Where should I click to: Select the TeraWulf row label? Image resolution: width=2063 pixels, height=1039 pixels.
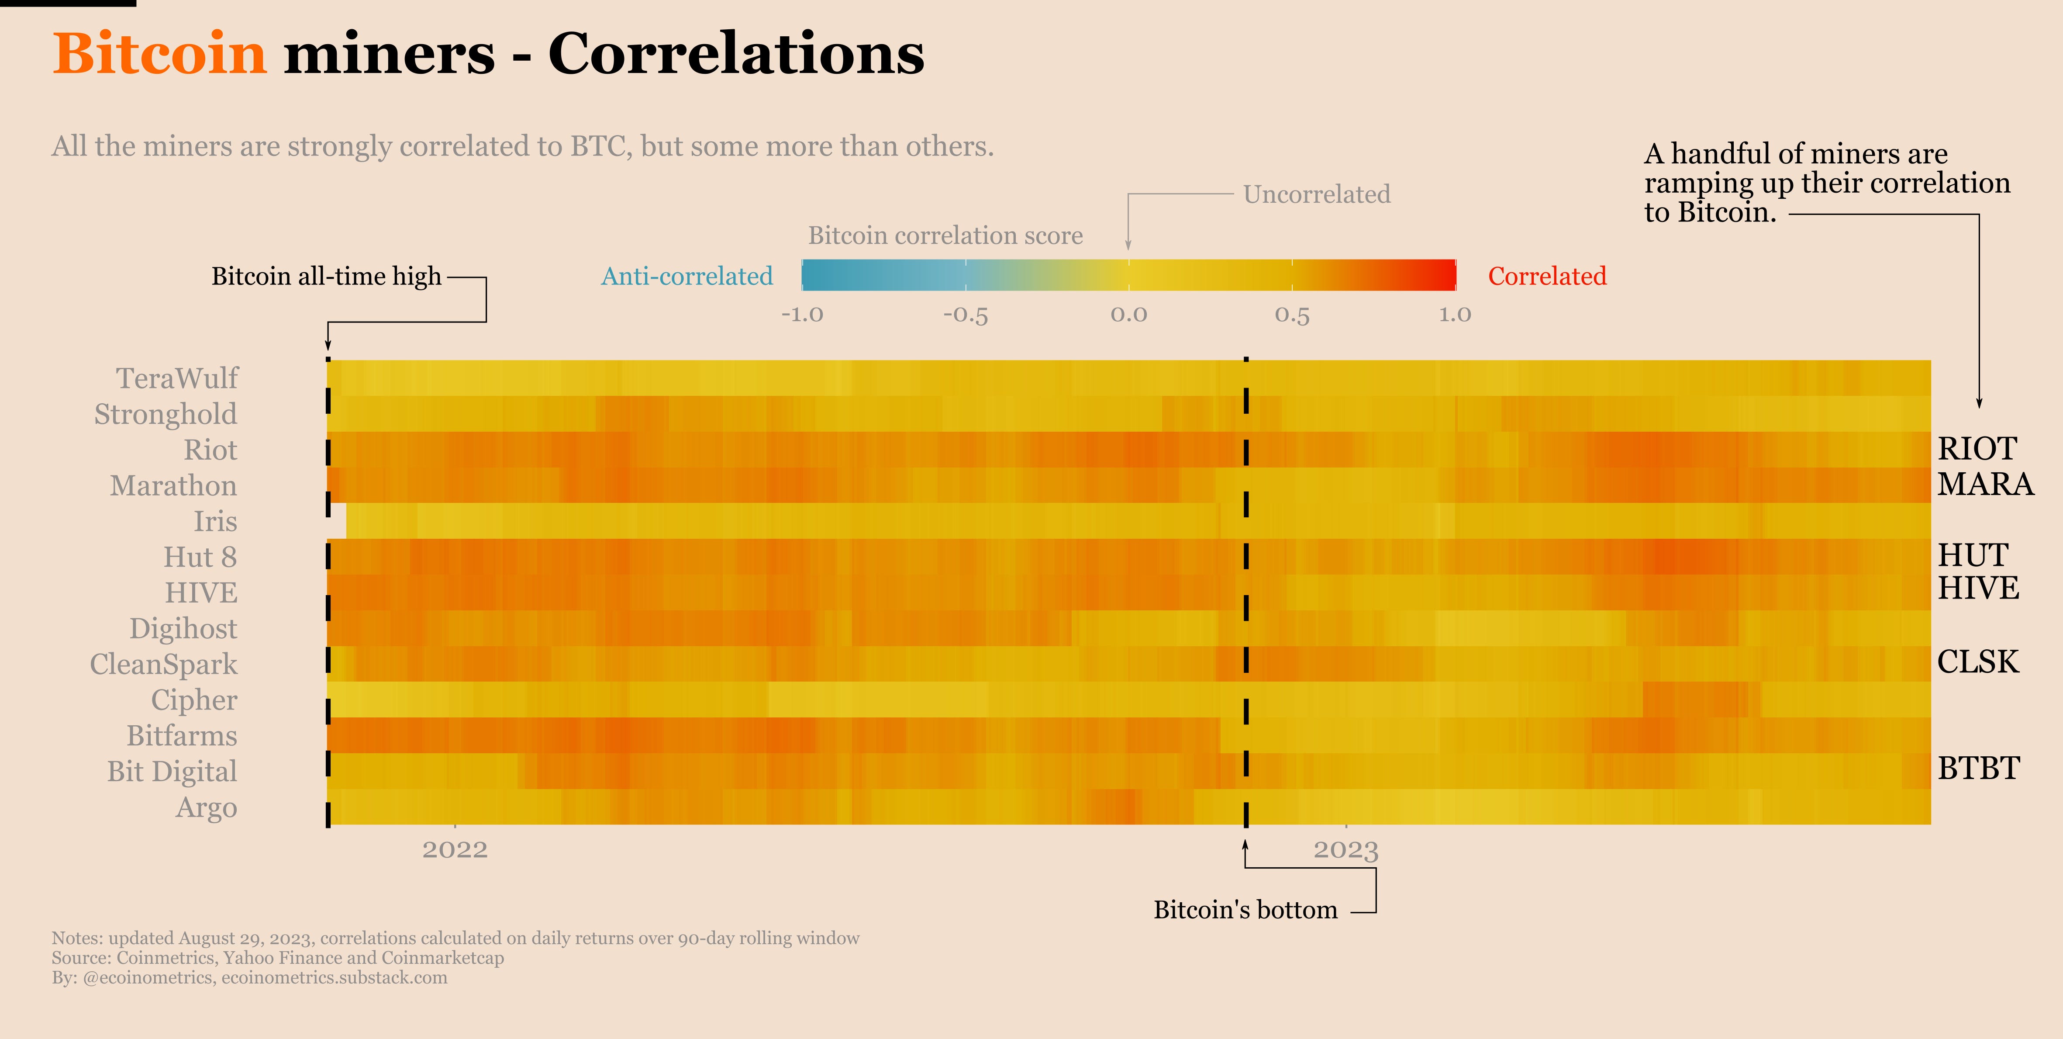177,378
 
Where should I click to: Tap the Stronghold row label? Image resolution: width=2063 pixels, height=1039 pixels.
166,414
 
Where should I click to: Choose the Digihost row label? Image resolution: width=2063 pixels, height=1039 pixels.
183,629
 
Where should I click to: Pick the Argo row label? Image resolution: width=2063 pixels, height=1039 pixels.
207,807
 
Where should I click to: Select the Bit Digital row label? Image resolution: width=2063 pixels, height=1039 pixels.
172,772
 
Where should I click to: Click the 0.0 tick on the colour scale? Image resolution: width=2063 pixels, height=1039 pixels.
1128,315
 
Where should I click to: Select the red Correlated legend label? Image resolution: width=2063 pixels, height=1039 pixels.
1546,277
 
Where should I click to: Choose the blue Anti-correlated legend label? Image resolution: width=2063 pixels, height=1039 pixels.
687,277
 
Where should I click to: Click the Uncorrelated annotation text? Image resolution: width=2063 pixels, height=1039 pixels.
1317,195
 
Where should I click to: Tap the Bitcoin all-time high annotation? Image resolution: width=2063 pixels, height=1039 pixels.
326,277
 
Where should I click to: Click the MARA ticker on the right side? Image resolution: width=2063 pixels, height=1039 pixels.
1985,485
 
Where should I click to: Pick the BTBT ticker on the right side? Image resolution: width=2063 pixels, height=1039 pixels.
1979,768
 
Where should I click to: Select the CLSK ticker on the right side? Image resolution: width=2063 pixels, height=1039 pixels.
1978,661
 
